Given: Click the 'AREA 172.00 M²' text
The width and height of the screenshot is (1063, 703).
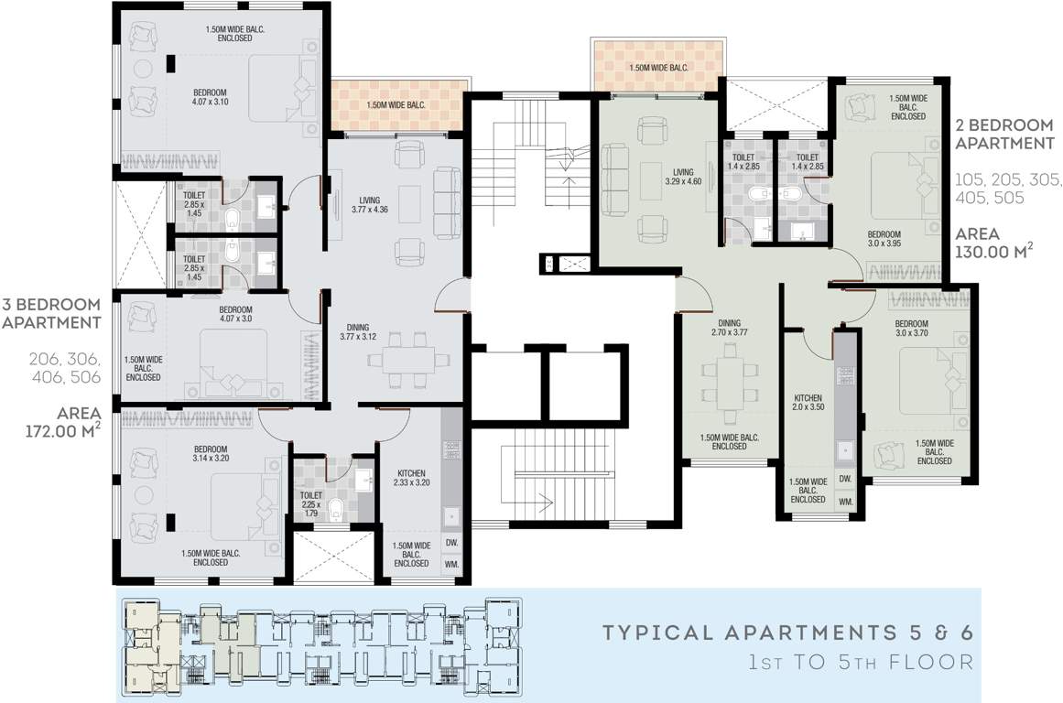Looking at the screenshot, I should [x=64, y=422].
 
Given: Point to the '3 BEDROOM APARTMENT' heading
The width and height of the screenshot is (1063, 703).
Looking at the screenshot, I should [x=51, y=313].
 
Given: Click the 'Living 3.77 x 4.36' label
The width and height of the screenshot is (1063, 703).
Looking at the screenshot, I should [x=370, y=205].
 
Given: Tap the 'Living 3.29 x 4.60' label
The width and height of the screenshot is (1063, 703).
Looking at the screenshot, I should [x=683, y=177].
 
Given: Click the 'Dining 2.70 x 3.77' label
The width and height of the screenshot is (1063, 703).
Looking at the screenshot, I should [x=729, y=328].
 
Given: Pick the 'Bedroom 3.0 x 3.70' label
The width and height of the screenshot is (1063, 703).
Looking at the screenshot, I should [x=911, y=329].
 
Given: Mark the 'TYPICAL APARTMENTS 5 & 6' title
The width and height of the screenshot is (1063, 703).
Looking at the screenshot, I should [x=787, y=633].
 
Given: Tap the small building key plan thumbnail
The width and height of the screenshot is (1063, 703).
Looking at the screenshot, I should [x=320, y=644].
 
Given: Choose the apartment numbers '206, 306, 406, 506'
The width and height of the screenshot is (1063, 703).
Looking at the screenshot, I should [x=64, y=367].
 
